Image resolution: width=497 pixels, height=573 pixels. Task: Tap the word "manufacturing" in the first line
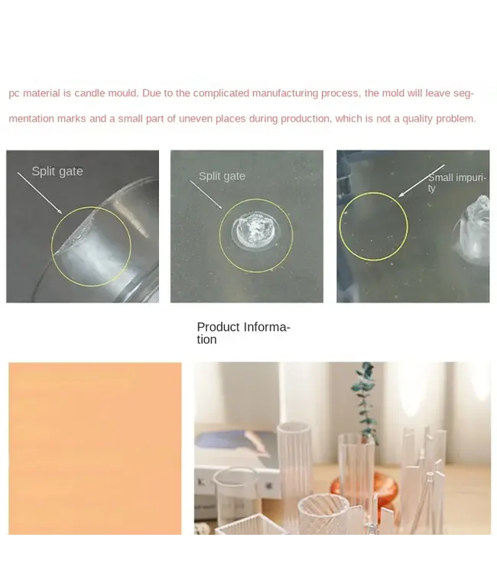tap(285, 93)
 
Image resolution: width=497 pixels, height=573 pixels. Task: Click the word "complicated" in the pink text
tap(221, 93)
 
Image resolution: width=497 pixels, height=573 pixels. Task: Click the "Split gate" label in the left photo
tap(57, 171)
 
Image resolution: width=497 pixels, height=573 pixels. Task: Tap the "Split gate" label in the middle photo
tap(222, 176)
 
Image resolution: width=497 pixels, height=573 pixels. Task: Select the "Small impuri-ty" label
tap(456, 183)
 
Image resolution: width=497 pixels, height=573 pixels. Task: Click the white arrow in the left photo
tap(40, 193)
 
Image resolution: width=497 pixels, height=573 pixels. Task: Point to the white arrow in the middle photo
tap(206, 195)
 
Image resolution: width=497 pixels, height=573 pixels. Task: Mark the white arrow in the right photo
tap(421, 181)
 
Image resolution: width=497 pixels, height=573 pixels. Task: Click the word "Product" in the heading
tap(219, 327)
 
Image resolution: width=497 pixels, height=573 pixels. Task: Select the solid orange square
tap(95, 448)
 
